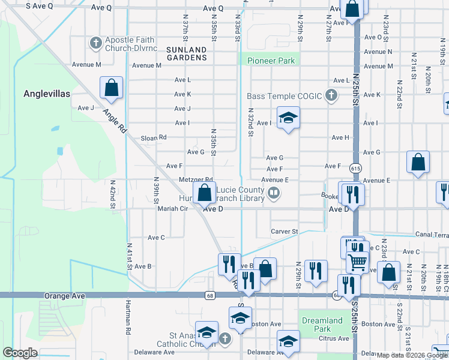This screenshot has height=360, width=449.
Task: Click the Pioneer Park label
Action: pyautogui.click(x=271, y=61)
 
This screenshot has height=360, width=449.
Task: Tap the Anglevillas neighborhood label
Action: pyautogui.click(x=47, y=94)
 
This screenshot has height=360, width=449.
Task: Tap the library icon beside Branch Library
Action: pyautogui.click(x=274, y=193)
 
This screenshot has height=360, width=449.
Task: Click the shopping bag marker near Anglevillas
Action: pyautogui.click(x=112, y=88)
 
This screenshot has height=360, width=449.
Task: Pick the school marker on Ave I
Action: pyautogui.click(x=288, y=117)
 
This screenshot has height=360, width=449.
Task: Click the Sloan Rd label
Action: pyautogui.click(x=154, y=137)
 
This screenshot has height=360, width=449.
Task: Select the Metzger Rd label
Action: pyautogui.click(x=196, y=179)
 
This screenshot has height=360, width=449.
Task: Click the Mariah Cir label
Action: pyautogui.click(x=173, y=209)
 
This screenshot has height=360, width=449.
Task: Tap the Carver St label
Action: pyautogui.click(x=284, y=231)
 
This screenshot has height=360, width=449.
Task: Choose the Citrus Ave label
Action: pyautogui.click(x=334, y=338)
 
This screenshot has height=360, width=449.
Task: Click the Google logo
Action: pyautogui.click(x=20, y=353)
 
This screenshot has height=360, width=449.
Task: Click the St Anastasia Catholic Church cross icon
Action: pyautogui.click(x=224, y=339)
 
